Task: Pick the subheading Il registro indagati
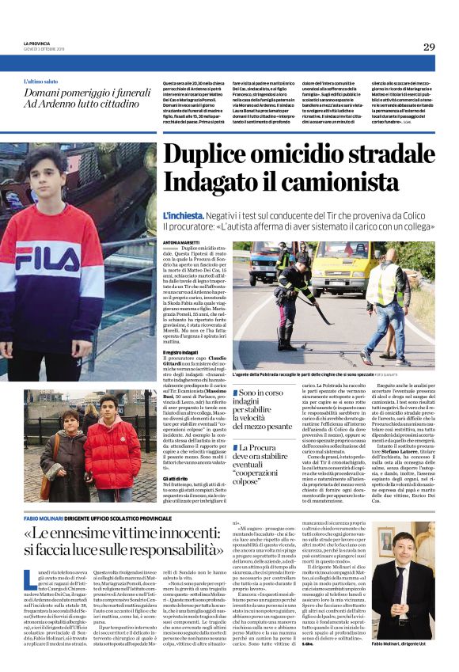(184, 328)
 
